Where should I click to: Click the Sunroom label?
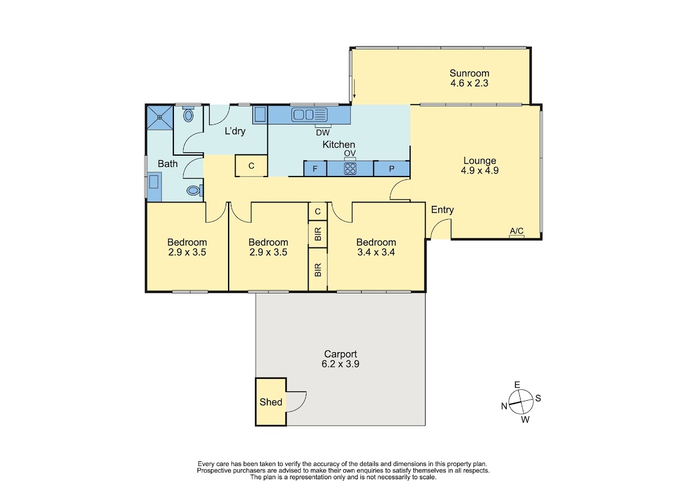469,73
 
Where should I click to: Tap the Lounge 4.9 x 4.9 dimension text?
480,171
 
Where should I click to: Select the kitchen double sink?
309,115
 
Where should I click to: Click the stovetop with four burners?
350,168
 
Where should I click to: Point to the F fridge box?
316,168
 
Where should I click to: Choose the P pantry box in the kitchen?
392,168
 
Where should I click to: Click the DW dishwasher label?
323,133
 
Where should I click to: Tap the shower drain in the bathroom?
160,118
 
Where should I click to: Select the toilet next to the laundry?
188,115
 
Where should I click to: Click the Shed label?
271,402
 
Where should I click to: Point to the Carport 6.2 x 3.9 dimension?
340,364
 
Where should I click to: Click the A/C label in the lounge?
517,231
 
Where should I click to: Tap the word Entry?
442,210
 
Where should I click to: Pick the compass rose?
521,402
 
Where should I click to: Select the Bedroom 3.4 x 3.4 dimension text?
376,253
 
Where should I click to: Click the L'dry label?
235,131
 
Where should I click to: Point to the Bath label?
168,164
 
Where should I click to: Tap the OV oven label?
350,153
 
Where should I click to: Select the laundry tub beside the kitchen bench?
260,115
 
